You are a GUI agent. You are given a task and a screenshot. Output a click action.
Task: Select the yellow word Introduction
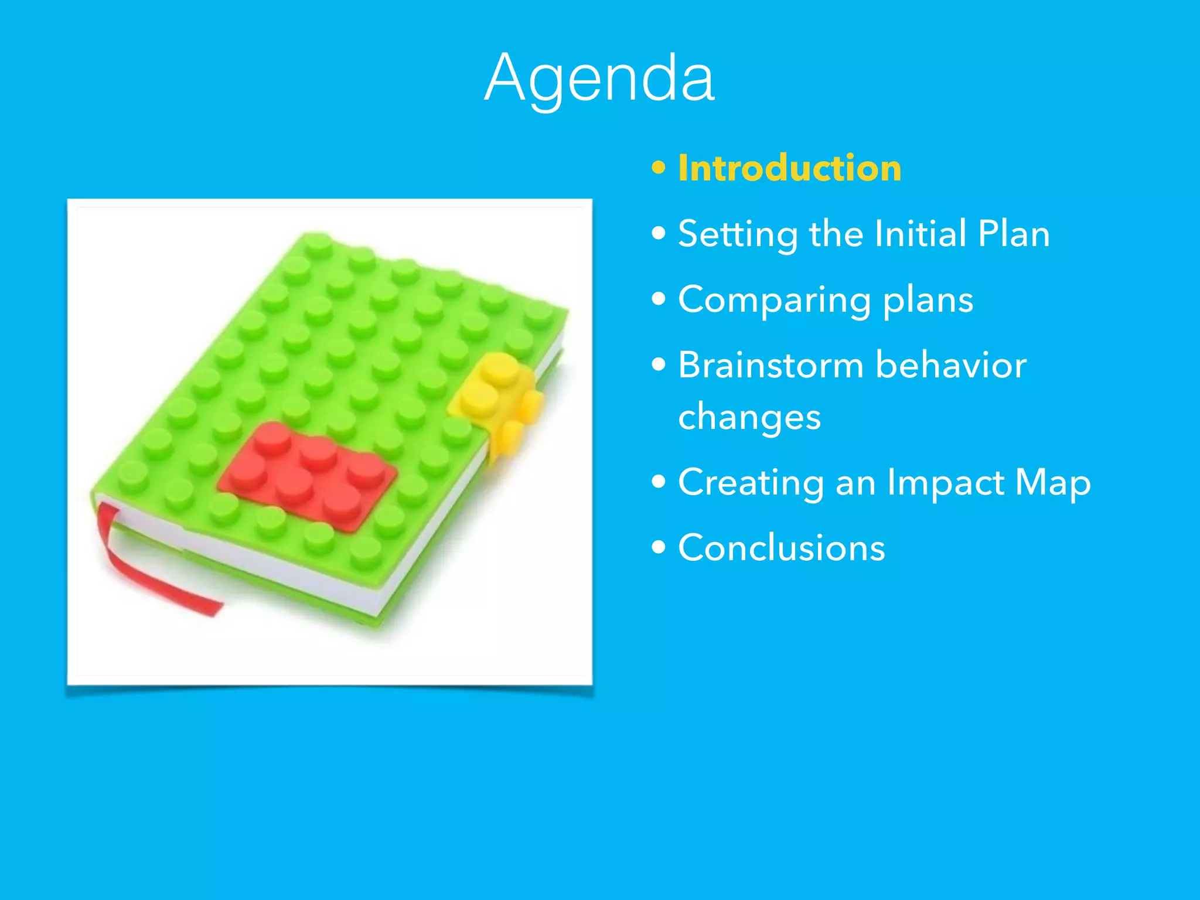point(789,169)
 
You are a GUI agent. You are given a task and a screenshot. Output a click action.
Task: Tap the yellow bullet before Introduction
point(659,169)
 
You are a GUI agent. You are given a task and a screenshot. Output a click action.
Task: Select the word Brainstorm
point(771,365)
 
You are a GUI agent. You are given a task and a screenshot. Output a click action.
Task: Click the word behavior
point(951,365)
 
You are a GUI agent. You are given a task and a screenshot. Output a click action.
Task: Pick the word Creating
point(751,483)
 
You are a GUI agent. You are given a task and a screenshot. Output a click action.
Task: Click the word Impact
point(945,483)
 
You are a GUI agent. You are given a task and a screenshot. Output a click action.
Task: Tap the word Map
point(1053,483)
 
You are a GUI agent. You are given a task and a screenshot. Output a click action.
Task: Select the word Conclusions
point(781,548)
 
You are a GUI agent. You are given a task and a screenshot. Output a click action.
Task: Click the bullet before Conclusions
point(659,548)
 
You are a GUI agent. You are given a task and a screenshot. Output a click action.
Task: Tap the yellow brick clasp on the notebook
point(498,398)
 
